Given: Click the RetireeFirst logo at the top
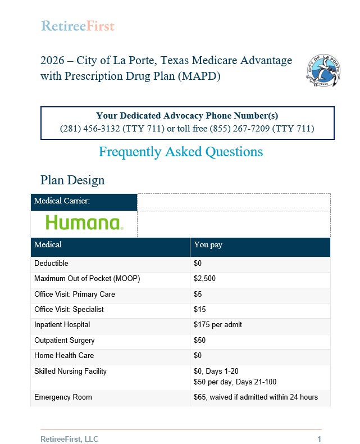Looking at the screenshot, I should pos(78,26).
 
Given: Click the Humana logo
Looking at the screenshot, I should pos(84,223).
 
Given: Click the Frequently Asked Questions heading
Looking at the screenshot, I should pos(180,151).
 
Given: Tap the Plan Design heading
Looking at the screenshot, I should pos(72,180).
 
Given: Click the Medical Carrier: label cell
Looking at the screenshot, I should pos(62,201).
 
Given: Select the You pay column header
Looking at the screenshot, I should pos(208,245).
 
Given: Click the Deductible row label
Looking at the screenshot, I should pos(51,264).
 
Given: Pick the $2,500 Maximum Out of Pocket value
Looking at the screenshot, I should pos(204,279).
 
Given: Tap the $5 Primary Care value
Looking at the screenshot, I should pos(198,294).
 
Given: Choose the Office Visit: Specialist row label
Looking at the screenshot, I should pos(69,310).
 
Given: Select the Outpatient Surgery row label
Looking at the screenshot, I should pos(64,341).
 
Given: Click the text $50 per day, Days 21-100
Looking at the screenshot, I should pos(235,382).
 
